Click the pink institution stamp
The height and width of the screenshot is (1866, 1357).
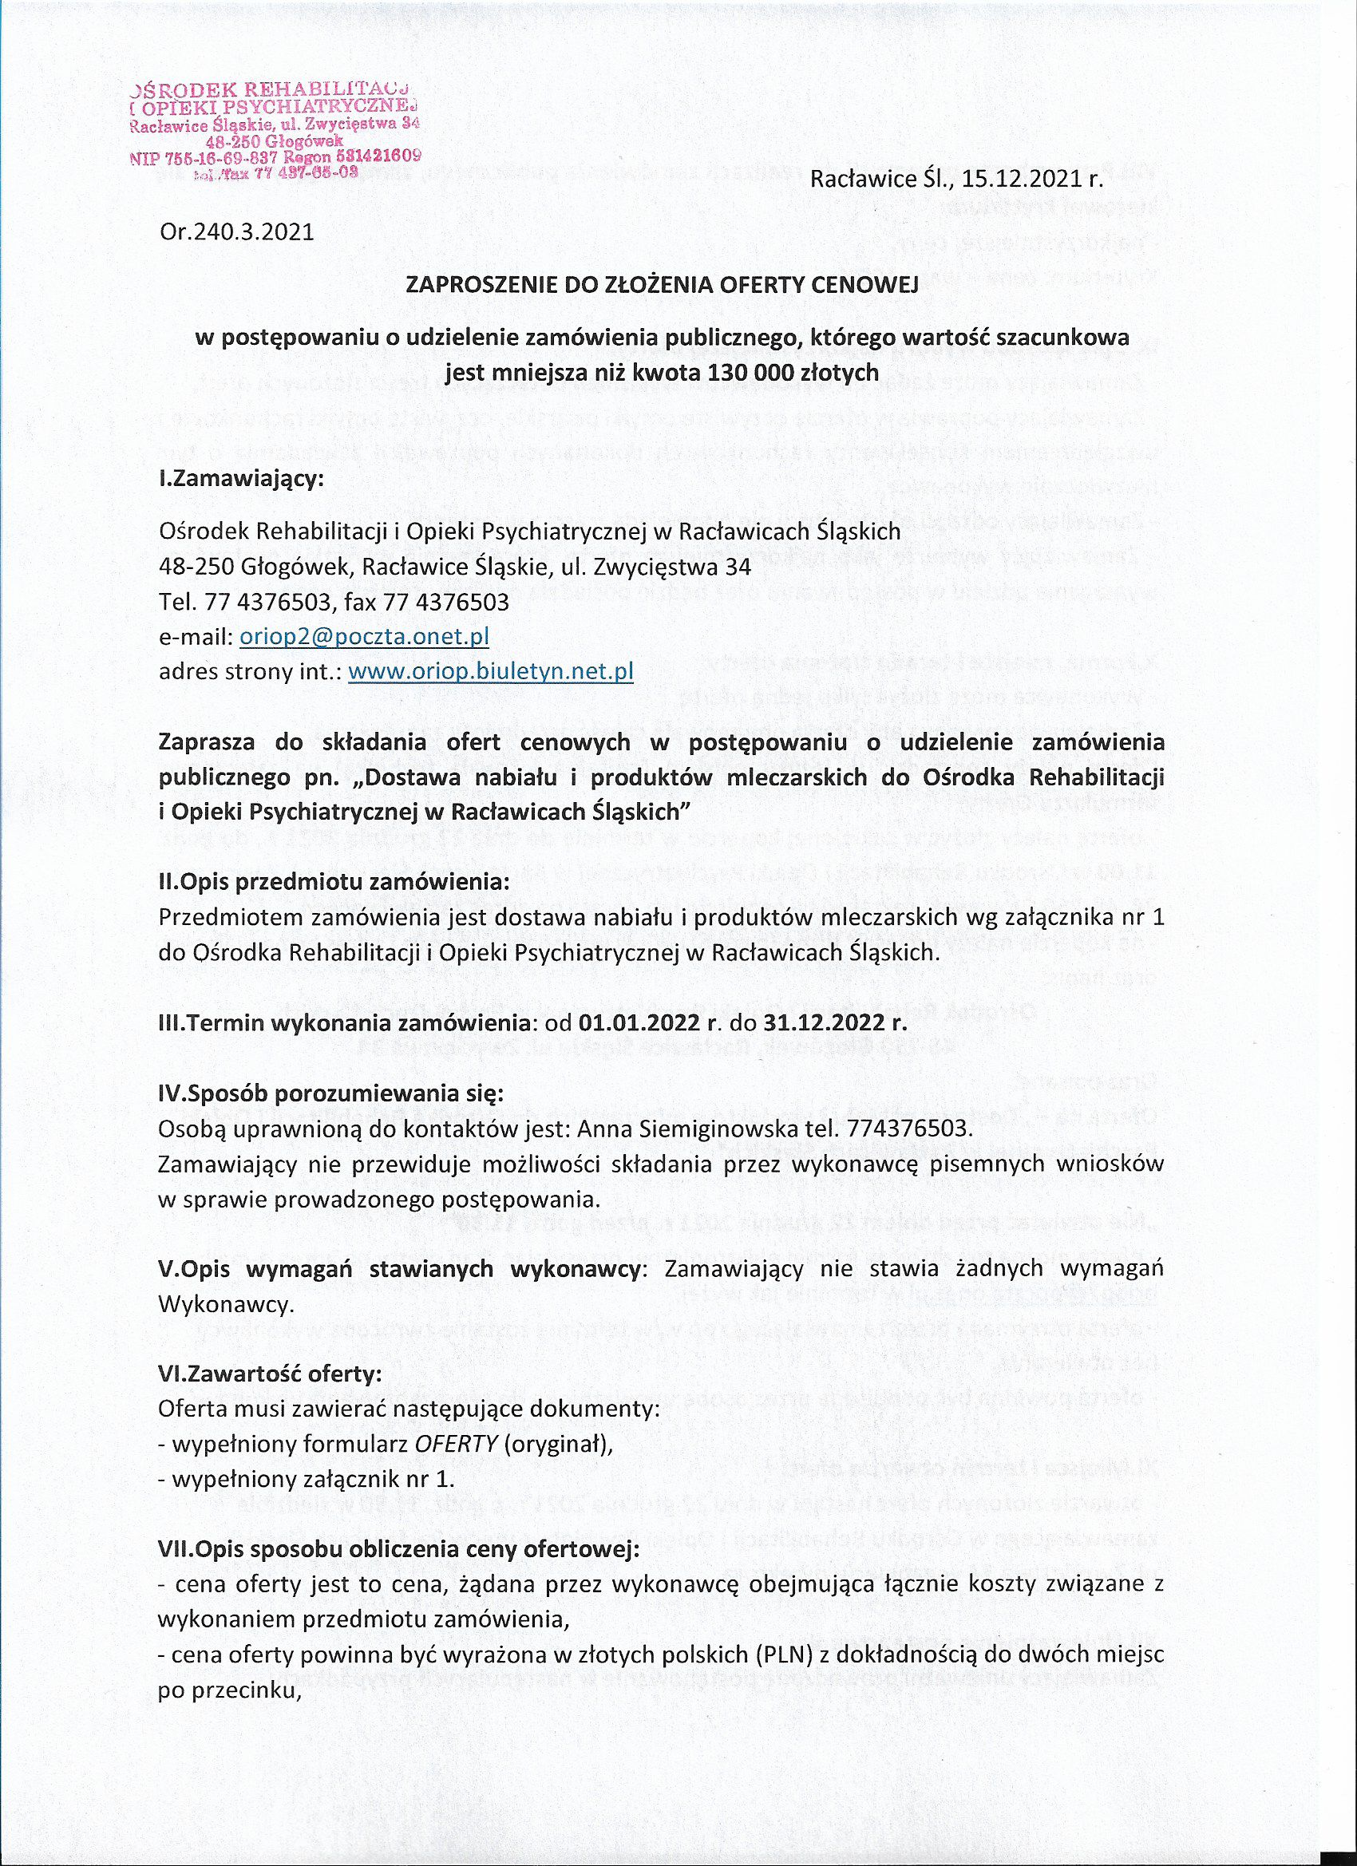(275, 130)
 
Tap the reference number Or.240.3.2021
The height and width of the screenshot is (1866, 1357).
(237, 231)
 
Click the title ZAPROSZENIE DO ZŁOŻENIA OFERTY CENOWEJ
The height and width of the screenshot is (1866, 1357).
(662, 285)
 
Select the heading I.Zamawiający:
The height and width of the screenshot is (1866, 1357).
(241, 479)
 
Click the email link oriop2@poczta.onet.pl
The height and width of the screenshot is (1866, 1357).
(365, 637)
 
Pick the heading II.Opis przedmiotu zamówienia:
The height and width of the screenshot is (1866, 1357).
(334, 882)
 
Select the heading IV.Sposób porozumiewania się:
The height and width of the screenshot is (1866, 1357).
(330, 1093)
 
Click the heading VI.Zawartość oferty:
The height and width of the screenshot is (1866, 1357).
(270, 1375)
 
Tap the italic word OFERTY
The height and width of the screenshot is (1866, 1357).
(457, 1445)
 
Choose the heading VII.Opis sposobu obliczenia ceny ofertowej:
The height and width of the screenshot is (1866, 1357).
(398, 1550)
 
